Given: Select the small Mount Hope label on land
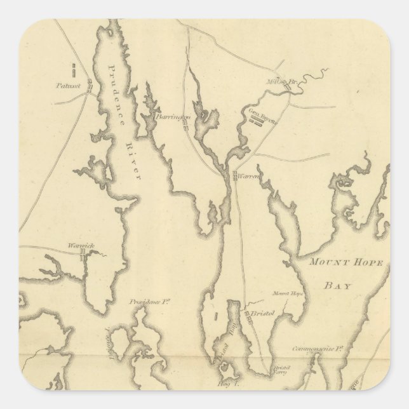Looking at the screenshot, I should [x=285, y=293].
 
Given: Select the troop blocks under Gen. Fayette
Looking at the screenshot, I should [x=258, y=123].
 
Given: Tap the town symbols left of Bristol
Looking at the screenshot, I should [x=248, y=316].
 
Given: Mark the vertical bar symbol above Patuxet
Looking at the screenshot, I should [x=72, y=67].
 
